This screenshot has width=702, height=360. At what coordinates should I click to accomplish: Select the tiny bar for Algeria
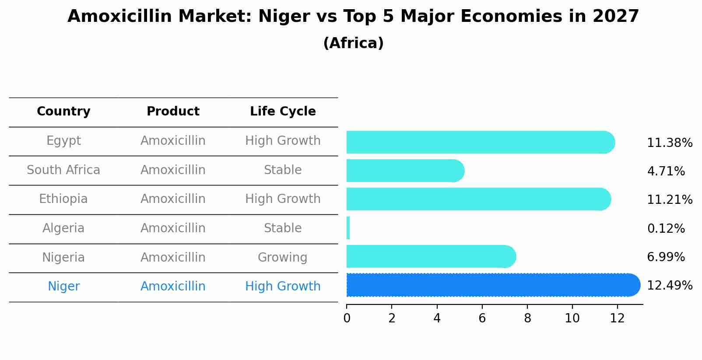click(x=348, y=228)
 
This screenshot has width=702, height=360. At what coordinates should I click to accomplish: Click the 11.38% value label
click(x=669, y=143)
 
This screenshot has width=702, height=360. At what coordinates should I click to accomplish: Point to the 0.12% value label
click(x=666, y=228)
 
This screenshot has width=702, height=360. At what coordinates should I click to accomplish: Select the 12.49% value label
click(x=669, y=286)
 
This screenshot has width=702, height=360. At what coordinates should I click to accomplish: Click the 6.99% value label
click(x=666, y=257)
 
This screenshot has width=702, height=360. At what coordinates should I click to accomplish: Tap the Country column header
click(x=63, y=112)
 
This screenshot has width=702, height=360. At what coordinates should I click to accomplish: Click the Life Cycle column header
click(x=283, y=112)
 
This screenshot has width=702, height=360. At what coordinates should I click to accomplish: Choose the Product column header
click(x=173, y=112)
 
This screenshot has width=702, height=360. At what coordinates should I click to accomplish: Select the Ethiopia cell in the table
click(x=63, y=199)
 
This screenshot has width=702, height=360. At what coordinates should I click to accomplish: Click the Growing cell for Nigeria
click(x=282, y=257)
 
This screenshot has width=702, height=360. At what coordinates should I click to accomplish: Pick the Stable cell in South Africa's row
click(x=283, y=170)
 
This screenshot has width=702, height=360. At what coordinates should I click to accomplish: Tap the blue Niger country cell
click(x=63, y=287)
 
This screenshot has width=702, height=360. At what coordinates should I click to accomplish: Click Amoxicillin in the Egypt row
click(x=173, y=141)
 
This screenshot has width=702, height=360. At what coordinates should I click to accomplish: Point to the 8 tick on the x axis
click(x=527, y=318)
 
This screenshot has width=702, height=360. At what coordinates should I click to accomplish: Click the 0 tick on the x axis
click(x=347, y=318)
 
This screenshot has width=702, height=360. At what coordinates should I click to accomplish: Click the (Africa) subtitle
click(x=353, y=43)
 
